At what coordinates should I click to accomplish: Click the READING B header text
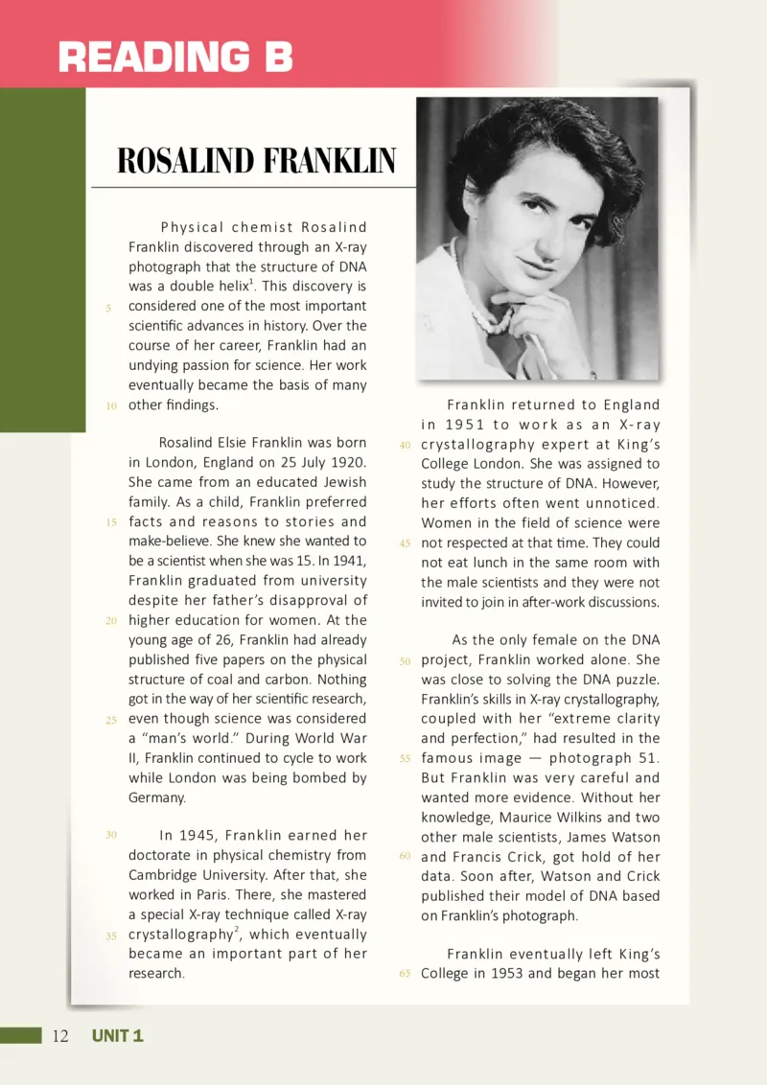(x=174, y=57)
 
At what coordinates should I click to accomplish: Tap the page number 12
(x=60, y=1035)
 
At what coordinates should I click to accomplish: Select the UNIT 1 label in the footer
(x=117, y=1035)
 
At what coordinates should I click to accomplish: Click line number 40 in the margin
(x=405, y=445)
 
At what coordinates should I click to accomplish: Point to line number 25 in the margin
(x=110, y=719)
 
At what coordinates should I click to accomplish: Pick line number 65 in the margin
(x=405, y=974)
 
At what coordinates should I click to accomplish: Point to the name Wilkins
(x=558, y=817)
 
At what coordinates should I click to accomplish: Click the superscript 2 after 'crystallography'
(x=236, y=929)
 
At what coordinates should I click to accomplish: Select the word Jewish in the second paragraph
(x=341, y=482)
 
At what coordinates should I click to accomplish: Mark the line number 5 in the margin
(x=110, y=308)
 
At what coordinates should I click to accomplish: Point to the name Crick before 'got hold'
(x=548, y=856)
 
